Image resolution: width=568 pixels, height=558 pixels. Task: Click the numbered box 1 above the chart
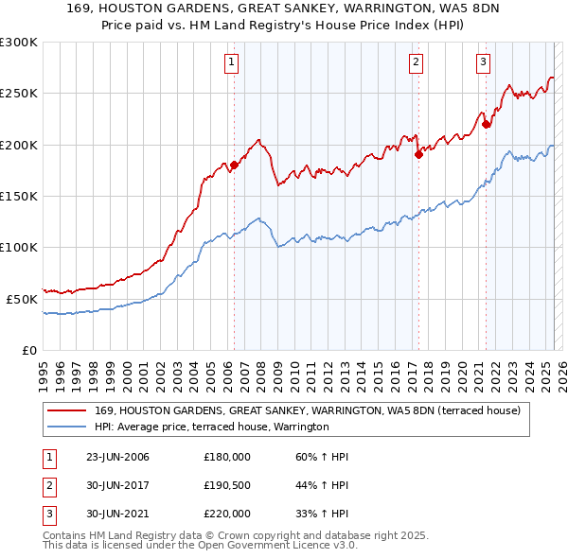pos(232,63)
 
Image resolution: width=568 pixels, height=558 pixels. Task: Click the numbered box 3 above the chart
pos(483,63)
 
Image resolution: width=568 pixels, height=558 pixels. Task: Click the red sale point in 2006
pos(234,165)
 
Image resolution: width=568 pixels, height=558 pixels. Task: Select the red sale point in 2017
pos(417,154)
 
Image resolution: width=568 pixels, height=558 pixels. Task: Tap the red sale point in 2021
pos(486,124)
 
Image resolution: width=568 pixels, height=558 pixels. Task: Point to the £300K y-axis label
pos(19,43)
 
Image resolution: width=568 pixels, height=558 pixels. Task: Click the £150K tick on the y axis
pos(19,196)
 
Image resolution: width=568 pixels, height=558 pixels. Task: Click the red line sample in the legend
pos(67,411)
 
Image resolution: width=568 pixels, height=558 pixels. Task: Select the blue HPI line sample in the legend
pos(67,427)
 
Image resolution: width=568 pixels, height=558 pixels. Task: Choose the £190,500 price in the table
pos(227,485)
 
